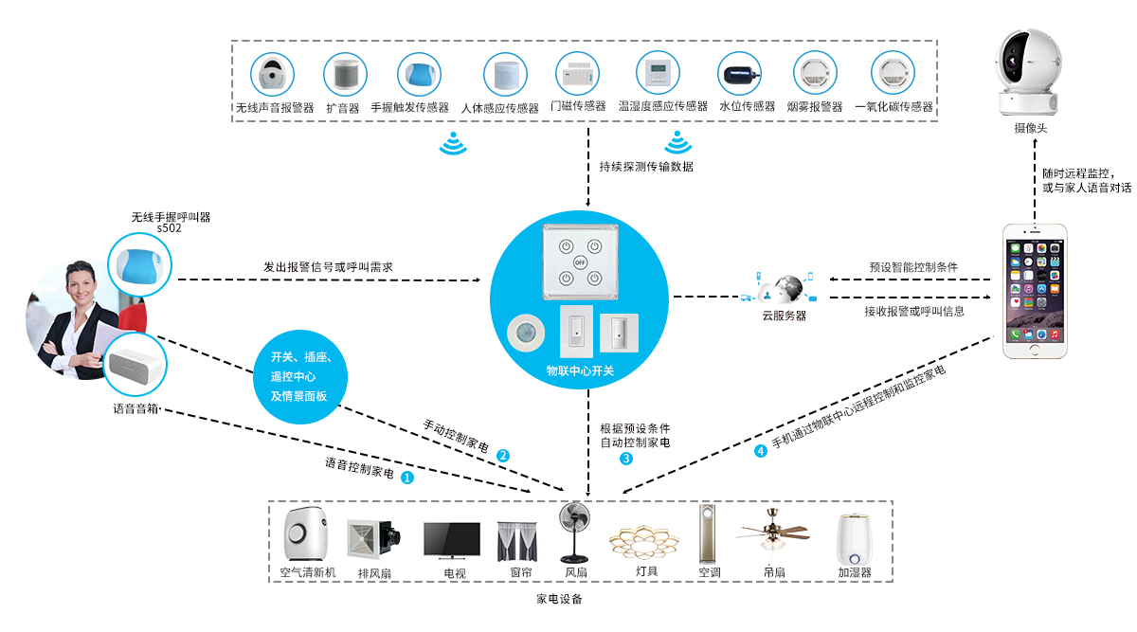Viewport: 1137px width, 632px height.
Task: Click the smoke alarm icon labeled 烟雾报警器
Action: pyautogui.click(x=814, y=74)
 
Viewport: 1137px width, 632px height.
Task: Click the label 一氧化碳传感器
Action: pyautogui.click(x=893, y=108)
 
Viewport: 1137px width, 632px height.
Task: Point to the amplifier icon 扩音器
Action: pyautogui.click(x=343, y=74)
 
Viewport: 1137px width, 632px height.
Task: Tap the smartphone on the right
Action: pyautogui.click(x=1036, y=290)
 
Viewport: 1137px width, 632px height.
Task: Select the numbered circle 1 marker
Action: pyautogui.click(x=407, y=478)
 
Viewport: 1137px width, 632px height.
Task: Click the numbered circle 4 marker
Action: pyautogui.click(x=760, y=451)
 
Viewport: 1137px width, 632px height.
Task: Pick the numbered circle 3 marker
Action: pyautogui.click(x=626, y=459)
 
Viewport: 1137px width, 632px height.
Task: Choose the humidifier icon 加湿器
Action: pyautogui.click(x=853, y=538)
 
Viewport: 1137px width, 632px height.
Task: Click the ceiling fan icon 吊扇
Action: pyautogui.click(x=773, y=533)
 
